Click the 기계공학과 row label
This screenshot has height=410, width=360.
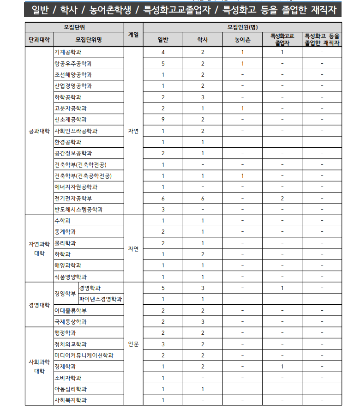pos(68,52)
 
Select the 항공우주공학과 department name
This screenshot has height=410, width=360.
pos(73,63)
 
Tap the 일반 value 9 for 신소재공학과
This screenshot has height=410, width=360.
pos(163,120)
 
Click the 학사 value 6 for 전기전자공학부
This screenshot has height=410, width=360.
pos(202,198)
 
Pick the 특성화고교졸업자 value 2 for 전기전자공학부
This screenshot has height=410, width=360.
pos(282,198)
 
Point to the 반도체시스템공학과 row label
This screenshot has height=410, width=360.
pos(78,210)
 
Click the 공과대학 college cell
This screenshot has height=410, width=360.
pos(39,131)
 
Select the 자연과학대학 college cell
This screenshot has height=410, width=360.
pos(39,248)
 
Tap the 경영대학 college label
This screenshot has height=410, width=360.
pos(39,305)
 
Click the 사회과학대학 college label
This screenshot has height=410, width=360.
pos(39,367)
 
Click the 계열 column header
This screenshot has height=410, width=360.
pos(133,34)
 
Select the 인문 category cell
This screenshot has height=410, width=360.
pos(133,344)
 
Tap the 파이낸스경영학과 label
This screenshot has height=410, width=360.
pos(101,299)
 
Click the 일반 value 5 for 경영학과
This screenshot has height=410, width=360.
pos(163,288)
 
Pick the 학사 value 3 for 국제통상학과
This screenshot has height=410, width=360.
pos(202,322)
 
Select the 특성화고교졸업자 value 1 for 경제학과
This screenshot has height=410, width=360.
pos(282,367)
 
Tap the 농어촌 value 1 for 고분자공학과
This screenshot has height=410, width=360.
pos(242,109)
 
